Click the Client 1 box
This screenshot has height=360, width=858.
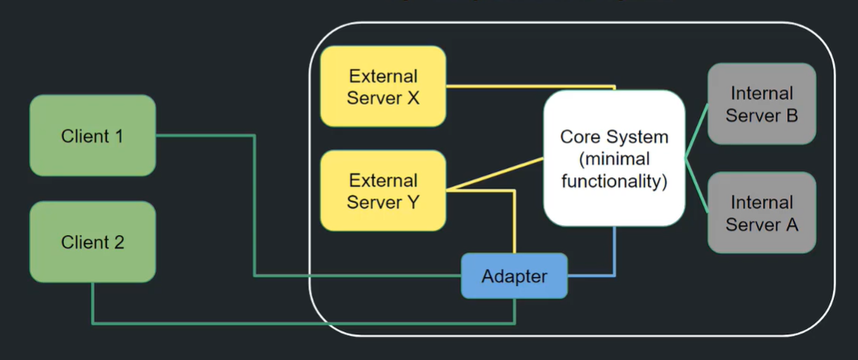[x=92, y=135]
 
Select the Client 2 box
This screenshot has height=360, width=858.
[x=92, y=242]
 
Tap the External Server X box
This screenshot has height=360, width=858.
[x=383, y=86]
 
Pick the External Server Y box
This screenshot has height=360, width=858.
[x=383, y=191]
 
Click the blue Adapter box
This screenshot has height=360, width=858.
[x=514, y=276]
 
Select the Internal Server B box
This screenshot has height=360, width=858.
[x=761, y=104]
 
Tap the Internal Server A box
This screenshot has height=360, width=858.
[x=761, y=213]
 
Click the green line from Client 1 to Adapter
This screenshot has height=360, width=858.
[x=254, y=205]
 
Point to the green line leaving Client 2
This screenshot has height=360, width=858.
[x=299, y=323]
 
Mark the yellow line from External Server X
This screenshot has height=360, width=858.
[x=528, y=85]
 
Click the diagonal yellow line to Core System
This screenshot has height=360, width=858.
[x=496, y=174]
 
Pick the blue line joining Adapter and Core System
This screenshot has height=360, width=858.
[x=615, y=252]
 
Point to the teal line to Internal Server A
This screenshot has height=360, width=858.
[x=696, y=186]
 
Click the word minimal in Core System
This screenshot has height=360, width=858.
[x=615, y=159]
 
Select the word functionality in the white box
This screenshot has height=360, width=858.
[x=614, y=182]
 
